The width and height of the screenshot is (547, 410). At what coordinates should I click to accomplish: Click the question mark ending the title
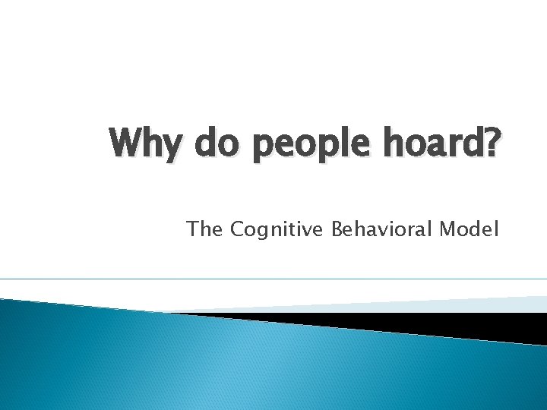coord(492,142)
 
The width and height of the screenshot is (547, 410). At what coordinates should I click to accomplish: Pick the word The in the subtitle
coord(204,229)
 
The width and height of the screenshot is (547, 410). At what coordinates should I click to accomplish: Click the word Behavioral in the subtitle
coord(383,229)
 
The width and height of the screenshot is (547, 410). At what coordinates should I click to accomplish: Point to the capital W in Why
coord(126,142)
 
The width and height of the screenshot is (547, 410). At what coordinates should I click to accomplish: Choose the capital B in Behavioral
coord(337,229)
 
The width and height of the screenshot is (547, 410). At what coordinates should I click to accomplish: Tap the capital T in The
coord(193,229)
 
